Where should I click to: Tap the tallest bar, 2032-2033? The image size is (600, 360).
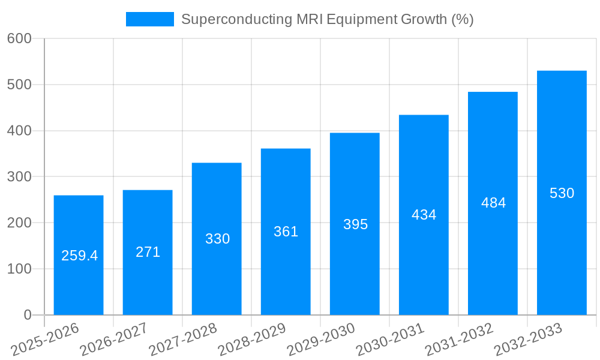click(x=562, y=252)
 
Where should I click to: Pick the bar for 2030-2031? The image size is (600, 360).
click(x=424, y=270)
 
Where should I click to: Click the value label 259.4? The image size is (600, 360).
click(x=79, y=256)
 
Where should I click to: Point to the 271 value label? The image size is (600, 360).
click(x=148, y=252)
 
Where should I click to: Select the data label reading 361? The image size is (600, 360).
click(x=286, y=232)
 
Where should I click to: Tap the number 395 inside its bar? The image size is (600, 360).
click(x=355, y=224)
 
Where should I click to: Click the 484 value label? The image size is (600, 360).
click(x=493, y=203)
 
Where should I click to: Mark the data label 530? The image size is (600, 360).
click(x=562, y=193)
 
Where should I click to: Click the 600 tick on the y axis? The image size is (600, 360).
click(x=19, y=38)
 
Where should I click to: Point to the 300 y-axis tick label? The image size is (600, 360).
click(x=19, y=177)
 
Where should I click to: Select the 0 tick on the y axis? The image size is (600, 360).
click(x=27, y=315)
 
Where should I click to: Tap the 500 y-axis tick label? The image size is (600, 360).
click(x=19, y=85)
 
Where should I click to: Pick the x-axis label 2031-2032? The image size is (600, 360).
click(x=459, y=339)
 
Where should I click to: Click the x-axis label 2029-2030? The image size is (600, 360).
click(x=321, y=339)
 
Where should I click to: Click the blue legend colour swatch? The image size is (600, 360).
click(x=149, y=19)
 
